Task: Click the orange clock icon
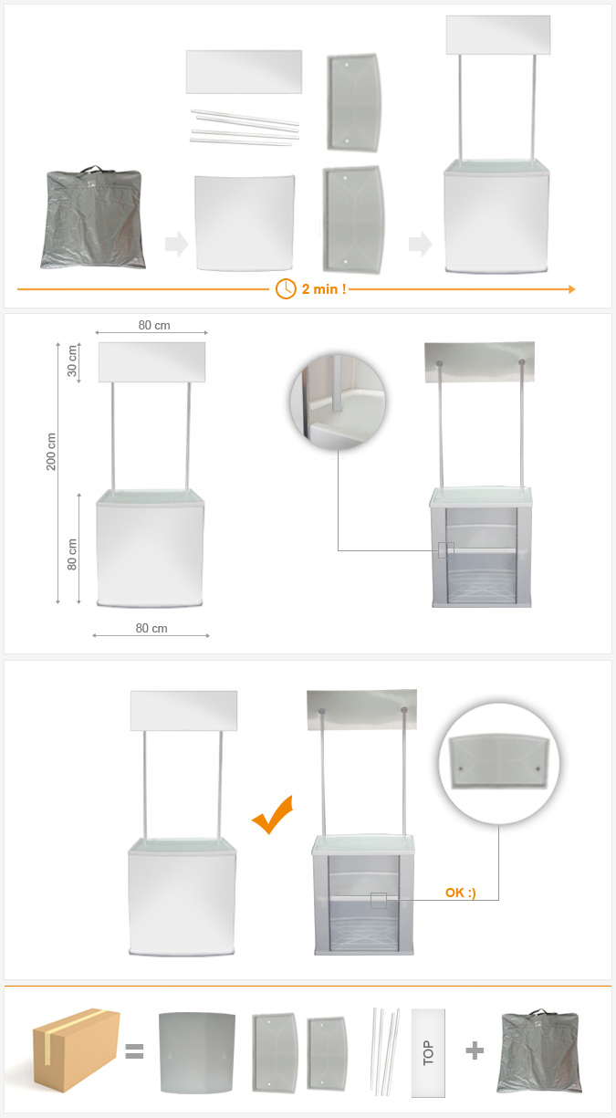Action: (x=286, y=289)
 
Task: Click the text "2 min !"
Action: (x=324, y=289)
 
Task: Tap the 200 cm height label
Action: (x=51, y=452)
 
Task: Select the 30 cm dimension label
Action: (x=72, y=360)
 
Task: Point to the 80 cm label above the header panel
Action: (x=154, y=326)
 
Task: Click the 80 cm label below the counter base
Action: (x=151, y=629)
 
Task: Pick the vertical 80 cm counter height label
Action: (x=72, y=554)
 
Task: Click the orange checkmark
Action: (x=273, y=814)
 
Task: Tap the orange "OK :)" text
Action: (x=460, y=893)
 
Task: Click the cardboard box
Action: (x=76, y=1050)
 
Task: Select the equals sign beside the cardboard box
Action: (x=134, y=1051)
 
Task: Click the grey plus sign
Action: (x=475, y=1050)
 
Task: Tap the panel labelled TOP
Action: (x=428, y=1052)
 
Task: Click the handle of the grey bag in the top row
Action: (x=93, y=170)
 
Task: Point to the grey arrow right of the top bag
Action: (x=177, y=244)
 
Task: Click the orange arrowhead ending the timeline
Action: (x=572, y=289)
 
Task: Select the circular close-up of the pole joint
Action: (x=338, y=402)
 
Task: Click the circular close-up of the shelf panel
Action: (x=499, y=763)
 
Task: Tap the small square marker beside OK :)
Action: (x=379, y=901)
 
